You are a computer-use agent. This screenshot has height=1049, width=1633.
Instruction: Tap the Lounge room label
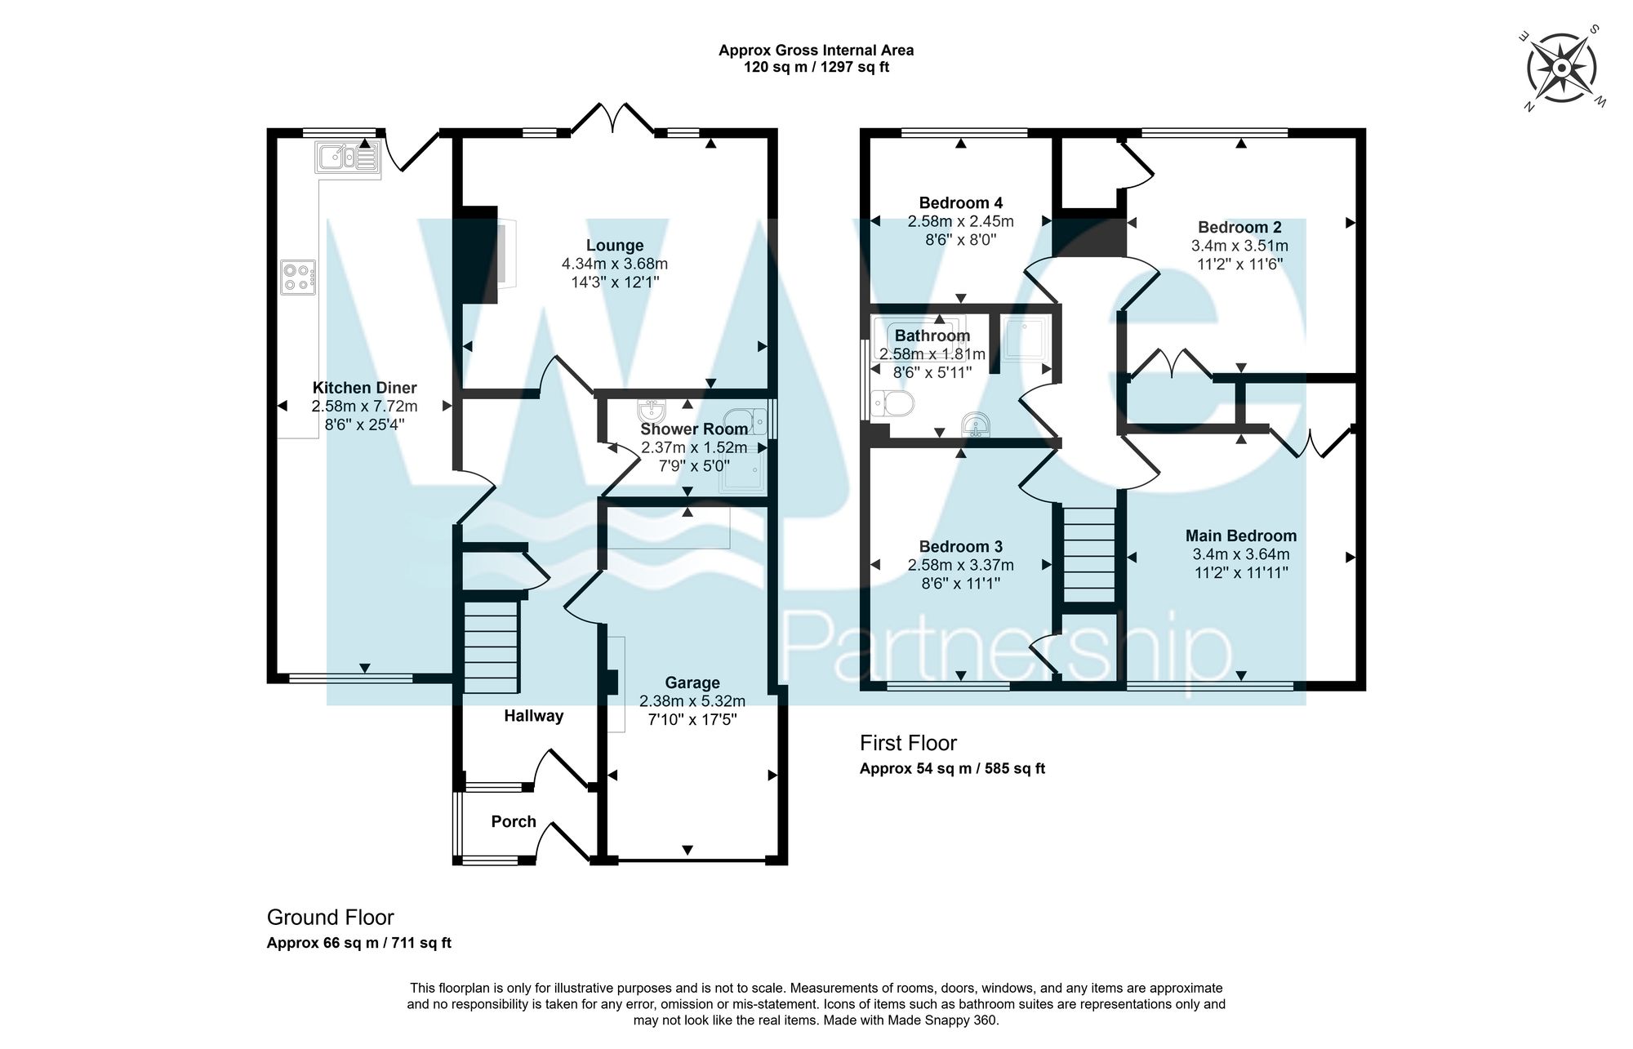pos(615,246)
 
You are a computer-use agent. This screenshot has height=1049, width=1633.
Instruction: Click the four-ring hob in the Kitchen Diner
pos(298,277)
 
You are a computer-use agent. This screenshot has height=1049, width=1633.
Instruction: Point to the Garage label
pos(692,683)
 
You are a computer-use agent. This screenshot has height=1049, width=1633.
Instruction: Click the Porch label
pos(514,822)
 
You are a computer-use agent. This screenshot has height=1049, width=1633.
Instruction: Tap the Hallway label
pos(533,717)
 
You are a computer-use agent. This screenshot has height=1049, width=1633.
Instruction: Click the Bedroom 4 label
pos(961,203)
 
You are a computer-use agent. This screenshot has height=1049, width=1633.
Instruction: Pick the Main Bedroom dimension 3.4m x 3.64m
pos(1241,554)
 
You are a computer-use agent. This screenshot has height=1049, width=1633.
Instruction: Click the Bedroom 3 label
pos(961,547)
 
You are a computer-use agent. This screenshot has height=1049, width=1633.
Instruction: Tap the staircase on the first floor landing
pos(1088,553)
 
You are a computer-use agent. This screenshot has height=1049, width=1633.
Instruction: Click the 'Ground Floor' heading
pos(331,918)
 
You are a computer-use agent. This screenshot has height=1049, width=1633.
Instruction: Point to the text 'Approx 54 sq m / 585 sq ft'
pos(952,769)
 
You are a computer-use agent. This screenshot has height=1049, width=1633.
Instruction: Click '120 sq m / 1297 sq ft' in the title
pos(816,68)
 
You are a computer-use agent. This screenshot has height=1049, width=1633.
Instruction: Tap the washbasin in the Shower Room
pos(654,408)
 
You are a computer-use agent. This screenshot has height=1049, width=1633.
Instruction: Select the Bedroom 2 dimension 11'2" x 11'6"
pos(1240,264)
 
